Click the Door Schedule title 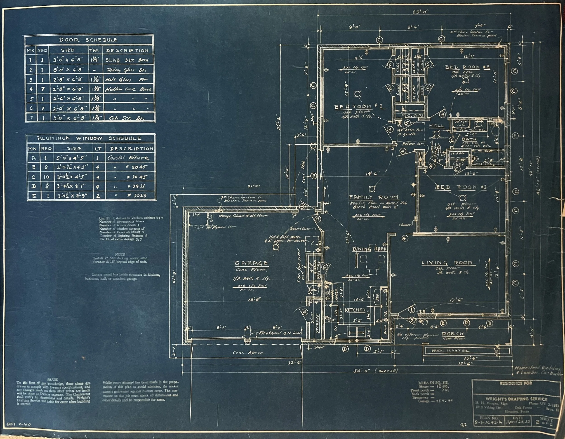(x=88, y=40)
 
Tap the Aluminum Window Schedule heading (x=89, y=138)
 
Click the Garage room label (x=251, y=263)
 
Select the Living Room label (x=450, y=263)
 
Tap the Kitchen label (x=355, y=310)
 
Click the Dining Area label (x=370, y=249)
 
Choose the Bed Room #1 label (x=359, y=107)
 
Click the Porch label (x=452, y=334)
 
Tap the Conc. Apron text (x=247, y=353)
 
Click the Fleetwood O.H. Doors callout (x=280, y=333)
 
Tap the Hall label (x=436, y=126)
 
